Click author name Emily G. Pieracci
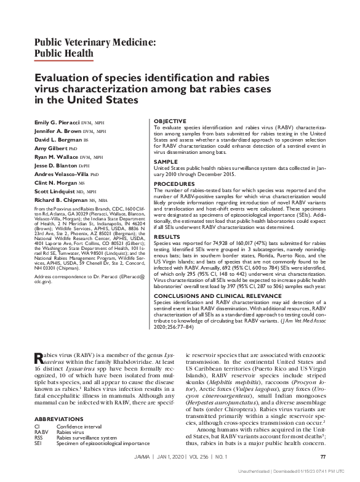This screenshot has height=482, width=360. [x=59, y=123]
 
